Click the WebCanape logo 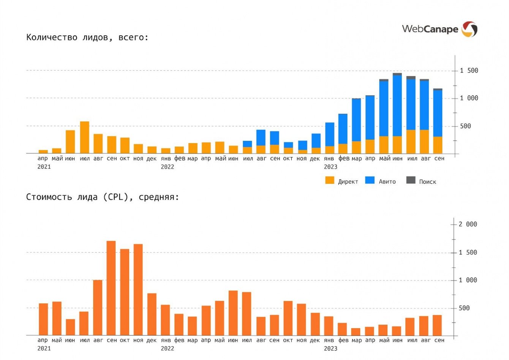click(x=439, y=29)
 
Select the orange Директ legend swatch click(x=330, y=180)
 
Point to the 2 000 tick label click(x=467, y=224)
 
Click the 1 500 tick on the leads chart click(x=469, y=71)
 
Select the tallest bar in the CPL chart click(x=111, y=288)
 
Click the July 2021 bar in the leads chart click(x=85, y=137)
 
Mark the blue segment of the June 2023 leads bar click(x=397, y=106)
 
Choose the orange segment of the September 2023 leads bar click(x=438, y=145)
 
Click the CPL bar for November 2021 click(x=138, y=289)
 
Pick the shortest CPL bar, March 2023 click(x=356, y=332)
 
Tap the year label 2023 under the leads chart click(x=330, y=167)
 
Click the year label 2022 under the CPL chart click(x=167, y=348)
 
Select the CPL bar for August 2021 click(x=98, y=308)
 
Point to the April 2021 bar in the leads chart click(x=43, y=152)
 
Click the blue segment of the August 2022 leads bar click(x=261, y=137)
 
